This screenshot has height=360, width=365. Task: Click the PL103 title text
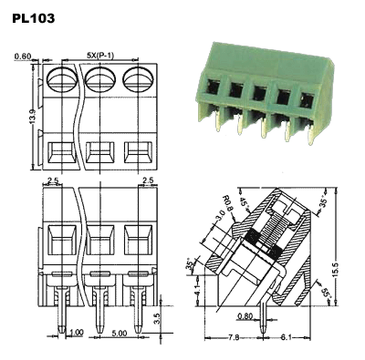[34, 18]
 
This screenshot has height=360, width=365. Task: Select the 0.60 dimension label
[23, 57]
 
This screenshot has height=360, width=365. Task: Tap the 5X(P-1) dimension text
[100, 56]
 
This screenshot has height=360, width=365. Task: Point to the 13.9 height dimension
[33, 115]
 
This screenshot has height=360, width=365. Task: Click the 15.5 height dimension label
[335, 268]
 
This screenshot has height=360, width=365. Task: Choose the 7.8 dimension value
[234, 337]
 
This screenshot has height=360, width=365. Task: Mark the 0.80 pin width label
[245, 316]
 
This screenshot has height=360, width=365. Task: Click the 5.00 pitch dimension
[120, 334]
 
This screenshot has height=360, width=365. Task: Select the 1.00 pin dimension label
[76, 333]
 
